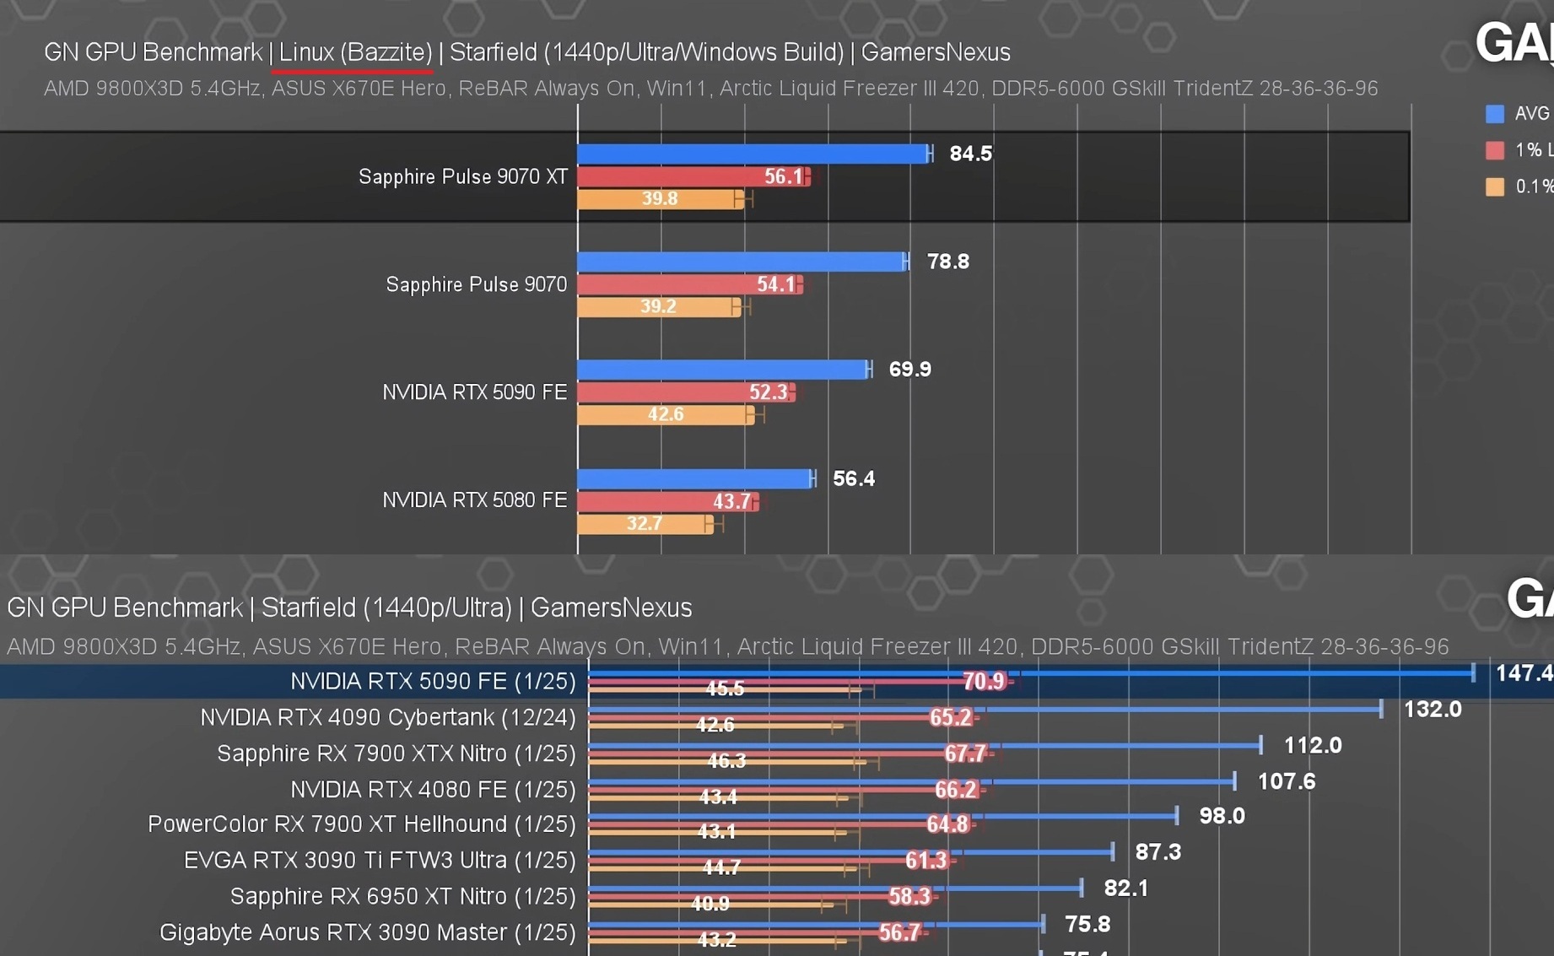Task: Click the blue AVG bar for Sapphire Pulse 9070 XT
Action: (x=751, y=154)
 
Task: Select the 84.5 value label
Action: (x=970, y=154)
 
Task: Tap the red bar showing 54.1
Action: (x=688, y=284)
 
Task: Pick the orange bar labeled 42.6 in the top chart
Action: (x=665, y=414)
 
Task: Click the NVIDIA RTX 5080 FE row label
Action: (x=474, y=500)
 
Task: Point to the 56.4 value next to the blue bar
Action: (x=853, y=478)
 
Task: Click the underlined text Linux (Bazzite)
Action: (x=355, y=52)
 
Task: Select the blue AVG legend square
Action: (x=1494, y=114)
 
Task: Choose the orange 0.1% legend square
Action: (x=1494, y=186)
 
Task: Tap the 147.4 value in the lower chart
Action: (x=1523, y=672)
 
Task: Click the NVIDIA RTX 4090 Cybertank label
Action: (x=387, y=717)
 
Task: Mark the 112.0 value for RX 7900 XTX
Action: (x=1312, y=745)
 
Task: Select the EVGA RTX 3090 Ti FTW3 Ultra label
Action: (x=380, y=860)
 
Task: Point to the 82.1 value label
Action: (x=1125, y=888)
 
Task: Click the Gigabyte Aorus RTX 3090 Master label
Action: (x=367, y=932)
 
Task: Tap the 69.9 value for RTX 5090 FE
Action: (x=909, y=370)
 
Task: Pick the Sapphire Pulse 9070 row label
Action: (x=476, y=284)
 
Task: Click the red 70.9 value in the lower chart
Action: (x=984, y=681)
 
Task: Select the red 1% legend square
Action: (x=1494, y=150)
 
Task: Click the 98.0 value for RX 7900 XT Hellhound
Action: (x=1221, y=816)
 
